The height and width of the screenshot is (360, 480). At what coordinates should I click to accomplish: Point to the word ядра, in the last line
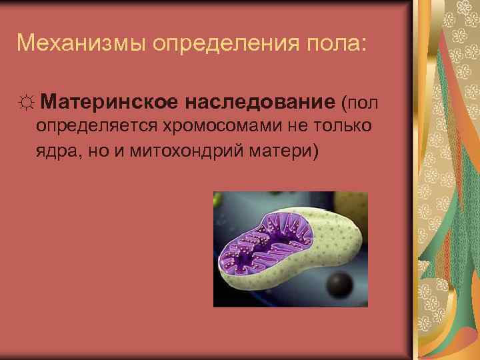(x=57, y=151)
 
